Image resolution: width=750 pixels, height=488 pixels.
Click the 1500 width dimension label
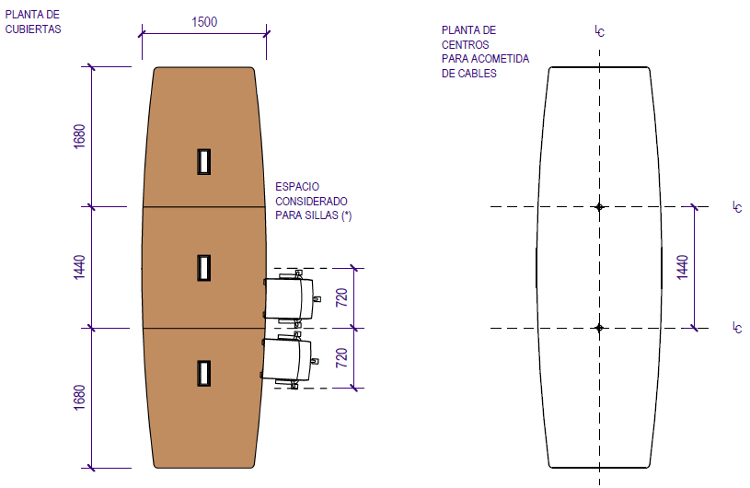204,22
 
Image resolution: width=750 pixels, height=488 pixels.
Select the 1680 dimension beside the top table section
80,136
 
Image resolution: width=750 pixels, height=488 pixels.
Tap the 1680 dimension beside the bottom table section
80,397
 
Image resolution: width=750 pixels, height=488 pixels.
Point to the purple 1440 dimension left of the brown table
80,267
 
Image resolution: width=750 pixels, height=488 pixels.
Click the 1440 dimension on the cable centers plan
682,267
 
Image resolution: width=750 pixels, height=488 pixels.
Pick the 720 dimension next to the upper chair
341,297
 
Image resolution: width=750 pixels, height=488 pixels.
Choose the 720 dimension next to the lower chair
341,358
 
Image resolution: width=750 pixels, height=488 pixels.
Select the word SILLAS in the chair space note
320,215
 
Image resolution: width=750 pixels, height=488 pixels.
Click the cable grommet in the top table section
203,161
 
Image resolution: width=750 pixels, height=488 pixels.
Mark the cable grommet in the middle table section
203,267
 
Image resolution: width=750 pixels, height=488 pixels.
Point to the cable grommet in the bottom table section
203,373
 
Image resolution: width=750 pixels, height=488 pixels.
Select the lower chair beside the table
288,361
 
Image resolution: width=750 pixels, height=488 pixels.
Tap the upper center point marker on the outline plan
599,207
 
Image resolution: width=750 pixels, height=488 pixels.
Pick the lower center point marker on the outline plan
599,328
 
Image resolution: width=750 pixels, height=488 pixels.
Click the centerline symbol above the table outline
599,31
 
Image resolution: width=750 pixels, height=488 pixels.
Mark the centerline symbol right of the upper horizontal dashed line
737,207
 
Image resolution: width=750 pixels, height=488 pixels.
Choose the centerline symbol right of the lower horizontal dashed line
737,327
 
